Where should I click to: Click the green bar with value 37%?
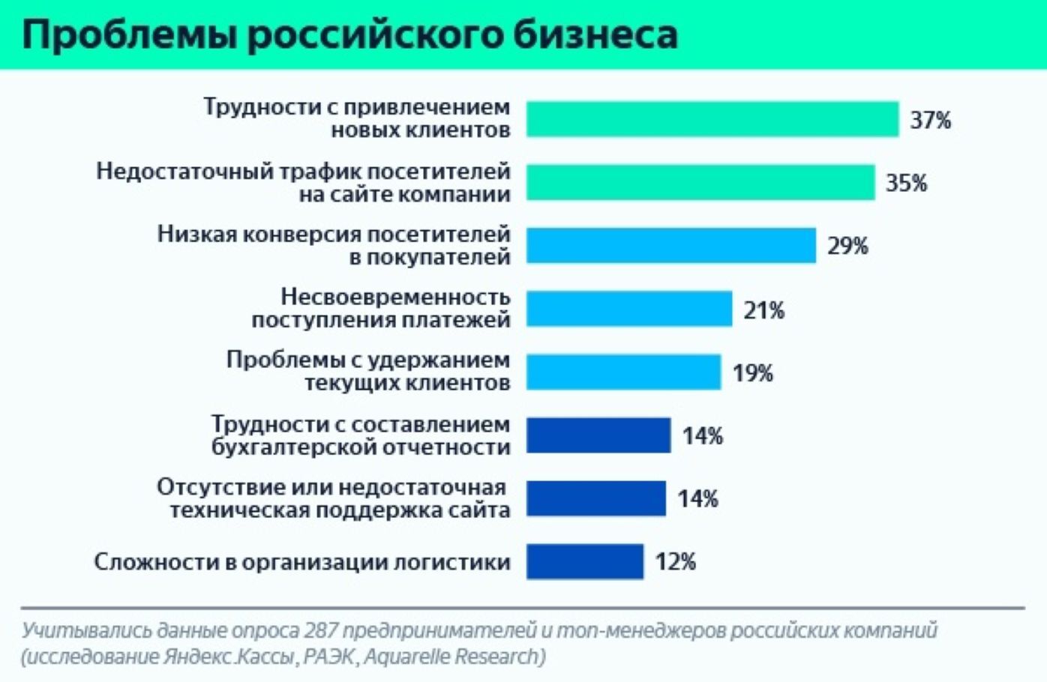tap(712, 119)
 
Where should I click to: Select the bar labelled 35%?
tap(700, 182)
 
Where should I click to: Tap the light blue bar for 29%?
tap(670, 245)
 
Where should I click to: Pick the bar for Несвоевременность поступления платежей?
tap(628, 309)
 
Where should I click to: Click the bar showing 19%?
tap(623, 372)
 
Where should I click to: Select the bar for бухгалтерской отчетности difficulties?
tap(598, 435)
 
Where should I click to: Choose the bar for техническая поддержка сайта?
tap(595, 498)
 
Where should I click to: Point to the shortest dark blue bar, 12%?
tap(584, 561)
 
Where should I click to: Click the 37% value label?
tap(930, 120)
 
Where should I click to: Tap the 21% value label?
tap(763, 310)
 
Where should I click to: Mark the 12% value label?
tap(675, 561)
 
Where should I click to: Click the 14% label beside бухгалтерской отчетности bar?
tap(702, 435)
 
